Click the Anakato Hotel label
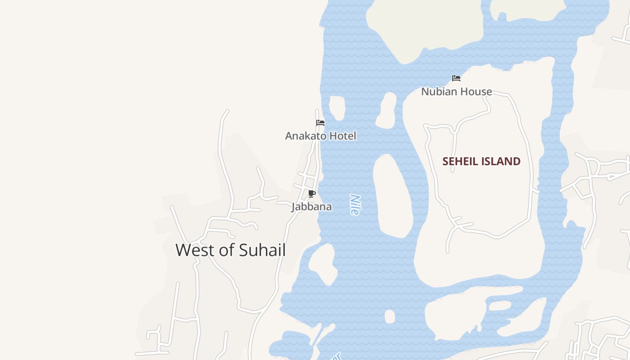coord(320,135)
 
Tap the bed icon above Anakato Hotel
coord(320,123)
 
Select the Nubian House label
coord(456,91)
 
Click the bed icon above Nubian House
coord(456,78)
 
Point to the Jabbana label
coord(311,207)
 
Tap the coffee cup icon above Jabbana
coord(311,194)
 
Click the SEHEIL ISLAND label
coord(481,161)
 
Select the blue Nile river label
coord(355,204)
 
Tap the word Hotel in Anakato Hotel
coord(342,135)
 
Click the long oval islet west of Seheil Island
coord(392,196)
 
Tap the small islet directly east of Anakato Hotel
coord(337,108)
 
